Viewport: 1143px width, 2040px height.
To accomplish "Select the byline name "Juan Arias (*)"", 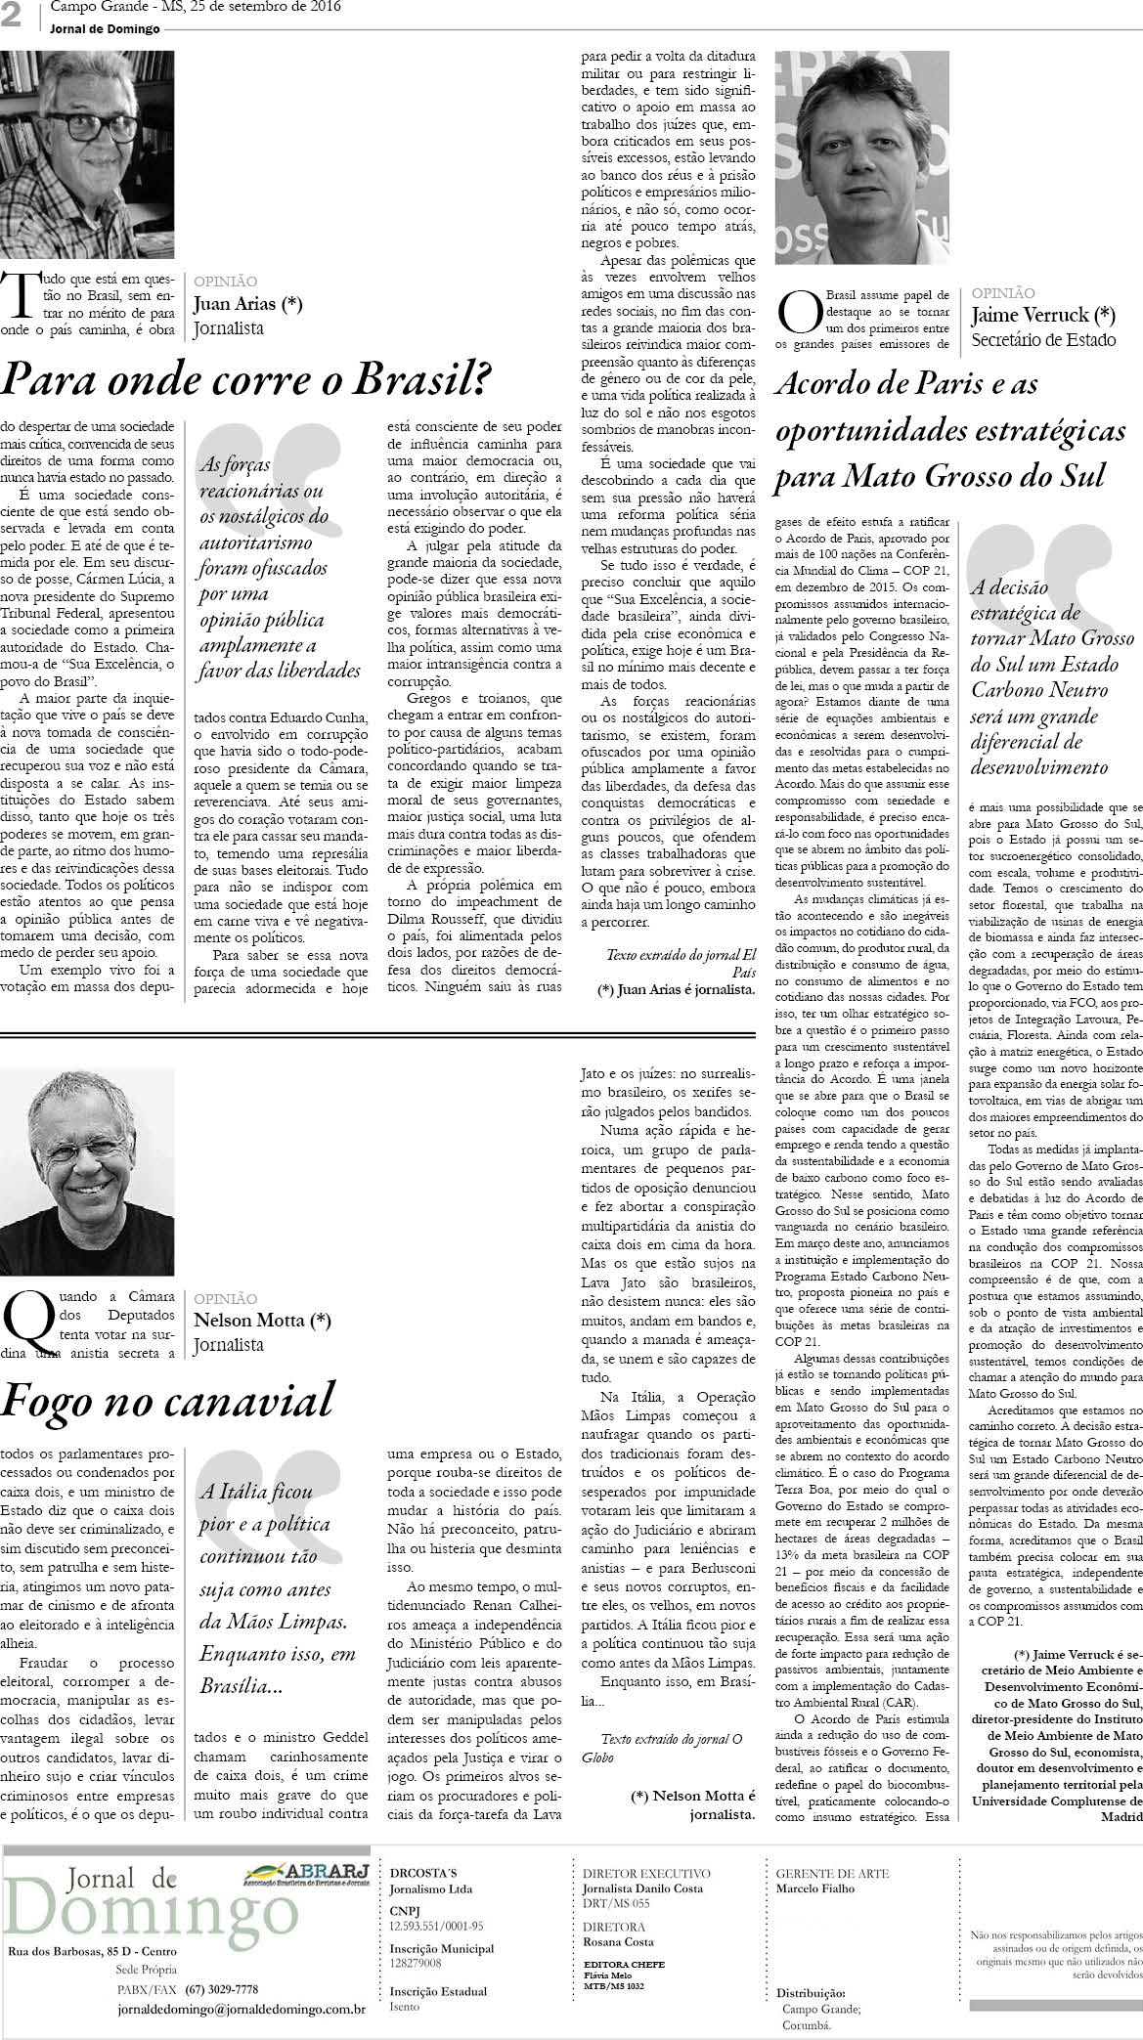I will coord(248,304).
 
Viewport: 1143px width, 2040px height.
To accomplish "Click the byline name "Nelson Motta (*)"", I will coord(262,1322).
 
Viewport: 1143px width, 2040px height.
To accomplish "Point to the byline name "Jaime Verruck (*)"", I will coord(1042,315).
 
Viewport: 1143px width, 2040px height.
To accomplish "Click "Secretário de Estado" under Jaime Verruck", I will coord(1042,340).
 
